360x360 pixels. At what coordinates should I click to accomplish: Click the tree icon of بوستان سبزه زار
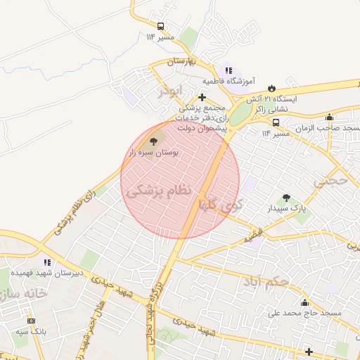[x=154, y=132]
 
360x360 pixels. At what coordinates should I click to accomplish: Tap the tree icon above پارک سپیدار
[x=285, y=198]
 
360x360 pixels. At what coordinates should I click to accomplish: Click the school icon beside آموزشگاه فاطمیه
[x=228, y=70]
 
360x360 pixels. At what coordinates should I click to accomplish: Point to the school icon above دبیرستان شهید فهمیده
[x=47, y=262]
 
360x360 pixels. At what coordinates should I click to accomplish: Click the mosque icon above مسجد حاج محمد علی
[x=304, y=302]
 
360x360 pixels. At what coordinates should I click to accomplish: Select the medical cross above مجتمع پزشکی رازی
[x=202, y=97]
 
